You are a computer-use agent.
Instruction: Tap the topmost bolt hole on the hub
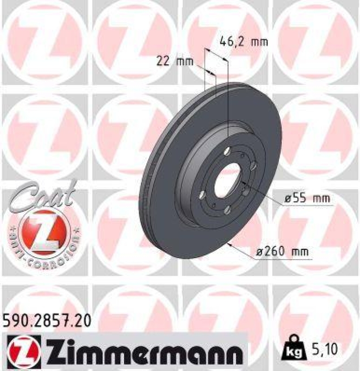(227, 151)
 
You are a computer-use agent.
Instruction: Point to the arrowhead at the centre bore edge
(245, 186)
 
